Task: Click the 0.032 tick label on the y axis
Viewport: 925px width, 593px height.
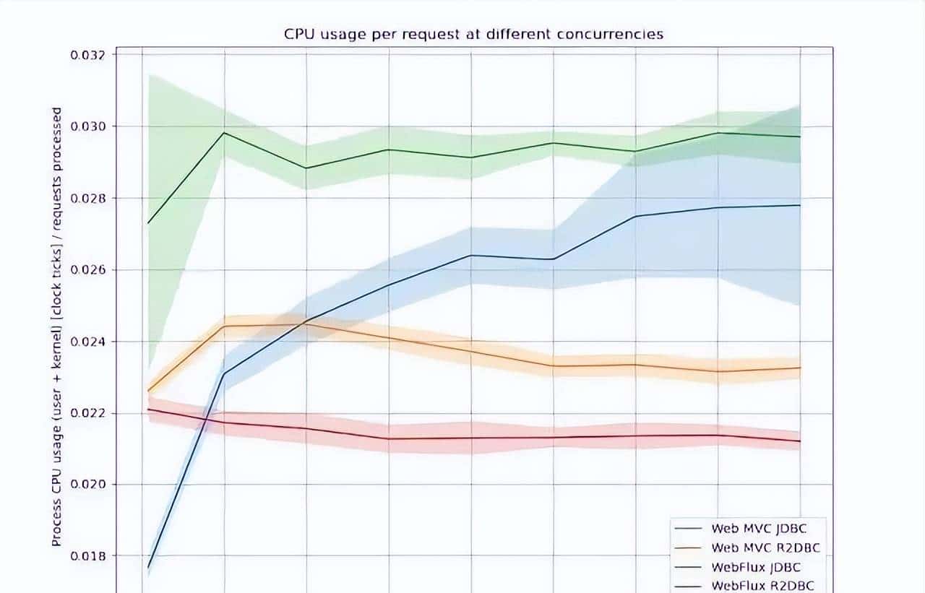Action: click(87, 56)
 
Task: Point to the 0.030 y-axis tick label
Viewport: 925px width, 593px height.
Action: click(87, 126)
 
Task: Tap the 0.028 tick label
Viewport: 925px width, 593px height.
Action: click(87, 198)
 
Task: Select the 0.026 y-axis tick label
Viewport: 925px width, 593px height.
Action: click(87, 269)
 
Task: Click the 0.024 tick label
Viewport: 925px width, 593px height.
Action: click(87, 341)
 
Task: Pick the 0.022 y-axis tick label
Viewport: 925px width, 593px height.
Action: click(87, 413)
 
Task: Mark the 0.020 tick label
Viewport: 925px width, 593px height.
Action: click(87, 485)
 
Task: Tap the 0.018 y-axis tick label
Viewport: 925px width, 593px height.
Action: click(87, 556)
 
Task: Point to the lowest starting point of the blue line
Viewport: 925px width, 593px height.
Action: click(147, 568)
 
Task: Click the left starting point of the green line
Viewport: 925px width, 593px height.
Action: click(147, 223)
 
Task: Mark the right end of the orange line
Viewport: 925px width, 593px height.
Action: click(800, 368)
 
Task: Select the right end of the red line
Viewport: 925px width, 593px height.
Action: click(800, 441)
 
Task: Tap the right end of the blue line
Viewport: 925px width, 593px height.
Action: click(800, 205)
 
